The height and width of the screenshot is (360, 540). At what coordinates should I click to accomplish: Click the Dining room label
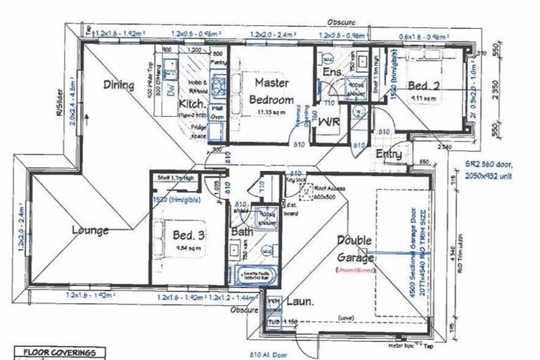pos(119,85)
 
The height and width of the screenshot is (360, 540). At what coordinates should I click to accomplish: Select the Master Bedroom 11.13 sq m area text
pos(271,111)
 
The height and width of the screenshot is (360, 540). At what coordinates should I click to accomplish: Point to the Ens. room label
pos(333,72)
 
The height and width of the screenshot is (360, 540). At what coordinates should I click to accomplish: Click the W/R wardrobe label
pos(330,122)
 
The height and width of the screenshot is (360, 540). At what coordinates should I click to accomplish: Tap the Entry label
pos(389,154)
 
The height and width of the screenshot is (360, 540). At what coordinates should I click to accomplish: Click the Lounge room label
pos(89,230)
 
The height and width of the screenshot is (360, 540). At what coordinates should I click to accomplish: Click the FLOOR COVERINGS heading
pos(60,353)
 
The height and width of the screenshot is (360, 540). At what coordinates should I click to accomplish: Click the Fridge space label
pos(202,131)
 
